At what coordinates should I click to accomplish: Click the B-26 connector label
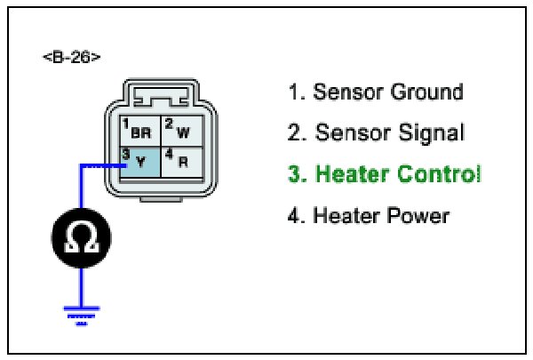71,58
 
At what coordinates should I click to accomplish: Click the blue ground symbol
82,314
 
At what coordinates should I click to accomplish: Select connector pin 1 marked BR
138,131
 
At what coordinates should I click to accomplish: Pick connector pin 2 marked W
179,131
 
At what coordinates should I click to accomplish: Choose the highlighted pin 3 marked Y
138,162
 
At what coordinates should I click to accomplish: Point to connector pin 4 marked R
179,162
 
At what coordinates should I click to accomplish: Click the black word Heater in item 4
345,215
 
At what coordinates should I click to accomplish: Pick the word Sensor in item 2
349,133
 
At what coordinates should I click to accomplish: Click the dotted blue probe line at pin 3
102,164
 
